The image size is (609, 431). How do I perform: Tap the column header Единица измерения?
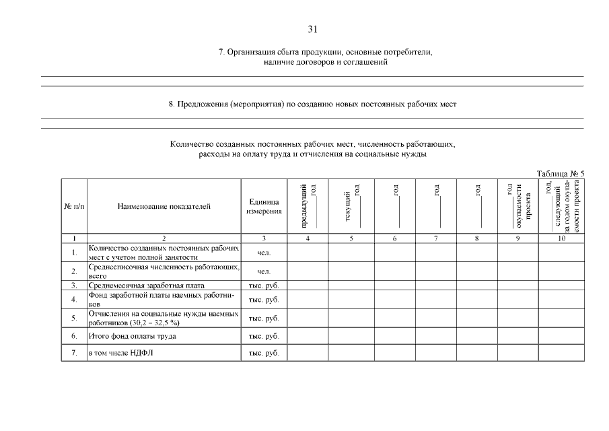click(264, 207)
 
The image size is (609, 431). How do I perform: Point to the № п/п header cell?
click(73, 207)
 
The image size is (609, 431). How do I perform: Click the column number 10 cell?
click(561, 238)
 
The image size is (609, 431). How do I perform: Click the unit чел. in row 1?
click(264, 253)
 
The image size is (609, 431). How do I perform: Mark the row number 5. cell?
click(73, 318)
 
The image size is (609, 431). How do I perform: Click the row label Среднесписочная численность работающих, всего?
click(164, 271)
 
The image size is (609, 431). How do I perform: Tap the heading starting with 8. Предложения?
click(312, 104)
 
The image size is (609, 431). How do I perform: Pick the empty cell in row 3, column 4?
click(308, 285)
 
